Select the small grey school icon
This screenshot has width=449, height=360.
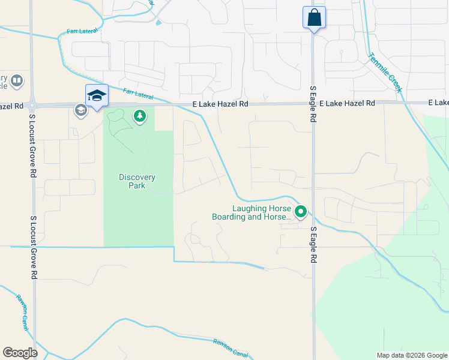[80, 110]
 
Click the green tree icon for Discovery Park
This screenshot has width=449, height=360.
[140, 116]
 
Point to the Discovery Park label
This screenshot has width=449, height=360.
[137, 181]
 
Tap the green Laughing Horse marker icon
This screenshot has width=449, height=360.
[301, 211]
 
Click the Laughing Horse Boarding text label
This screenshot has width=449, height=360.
[252, 213]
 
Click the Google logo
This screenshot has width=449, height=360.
[20, 353]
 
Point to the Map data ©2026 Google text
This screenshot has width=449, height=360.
[411, 355]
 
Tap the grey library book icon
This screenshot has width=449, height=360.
[17, 80]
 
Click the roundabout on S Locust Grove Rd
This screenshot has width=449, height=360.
[32, 105]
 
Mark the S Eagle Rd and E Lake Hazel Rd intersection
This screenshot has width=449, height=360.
[313, 103]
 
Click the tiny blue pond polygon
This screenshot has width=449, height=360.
[158, 23]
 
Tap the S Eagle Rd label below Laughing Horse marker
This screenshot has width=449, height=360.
[313, 245]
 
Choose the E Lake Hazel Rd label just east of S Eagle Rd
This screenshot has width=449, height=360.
[347, 103]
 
